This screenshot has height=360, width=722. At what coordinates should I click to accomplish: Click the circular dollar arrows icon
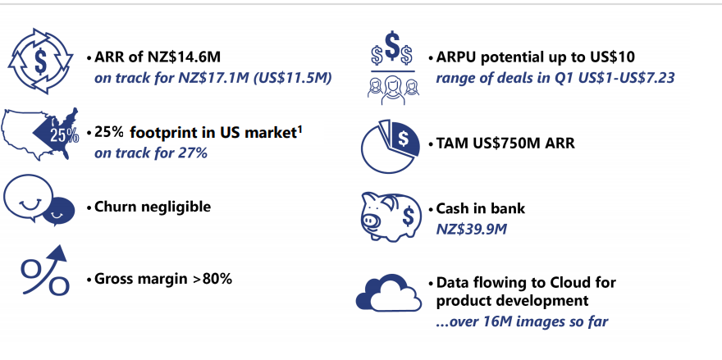click(x=40, y=62)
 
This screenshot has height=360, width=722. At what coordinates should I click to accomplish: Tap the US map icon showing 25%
click(x=40, y=134)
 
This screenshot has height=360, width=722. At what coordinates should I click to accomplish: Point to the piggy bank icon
click(x=391, y=216)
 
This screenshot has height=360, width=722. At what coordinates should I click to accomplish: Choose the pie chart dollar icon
click(x=391, y=147)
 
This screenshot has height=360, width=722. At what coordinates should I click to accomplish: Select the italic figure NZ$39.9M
click(x=471, y=229)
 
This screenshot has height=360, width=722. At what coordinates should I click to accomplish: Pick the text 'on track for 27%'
click(x=151, y=153)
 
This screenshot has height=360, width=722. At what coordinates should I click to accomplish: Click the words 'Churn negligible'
click(x=153, y=207)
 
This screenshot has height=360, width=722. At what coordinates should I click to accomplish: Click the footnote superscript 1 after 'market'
click(x=299, y=130)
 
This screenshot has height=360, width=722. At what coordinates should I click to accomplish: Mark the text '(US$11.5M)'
click(x=292, y=78)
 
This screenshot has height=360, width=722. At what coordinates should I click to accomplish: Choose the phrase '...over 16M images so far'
click(x=522, y=321)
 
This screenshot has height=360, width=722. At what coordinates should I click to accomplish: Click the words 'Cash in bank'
click(x=480, y=208)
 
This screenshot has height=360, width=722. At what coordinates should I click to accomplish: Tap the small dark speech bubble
click(x=59, y=212)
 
